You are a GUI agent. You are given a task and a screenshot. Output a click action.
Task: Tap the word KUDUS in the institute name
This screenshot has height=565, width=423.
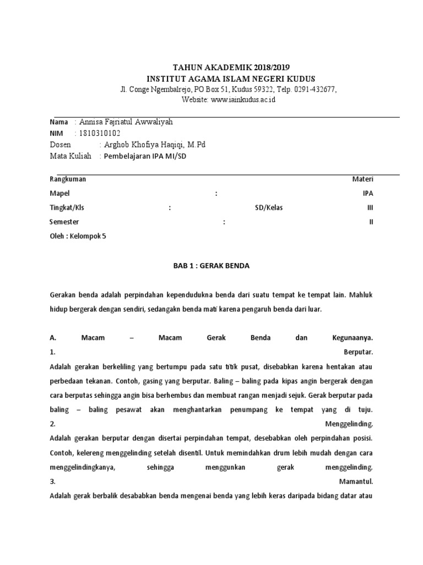[x=298, y=78]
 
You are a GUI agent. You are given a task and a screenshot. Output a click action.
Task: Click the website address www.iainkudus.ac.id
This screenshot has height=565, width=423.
[x=243, y=99]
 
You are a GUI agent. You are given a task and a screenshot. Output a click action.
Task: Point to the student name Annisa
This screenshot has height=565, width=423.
[x=95, y=122]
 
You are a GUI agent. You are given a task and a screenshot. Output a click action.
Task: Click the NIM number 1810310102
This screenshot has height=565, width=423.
[x=100, y=133]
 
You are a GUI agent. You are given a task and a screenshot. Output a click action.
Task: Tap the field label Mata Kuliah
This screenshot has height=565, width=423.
[x=70, y=156]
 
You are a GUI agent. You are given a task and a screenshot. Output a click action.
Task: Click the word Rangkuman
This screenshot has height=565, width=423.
[x=68, y=179]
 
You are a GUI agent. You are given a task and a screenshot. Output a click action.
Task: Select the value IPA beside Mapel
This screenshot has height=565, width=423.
[x=367, y=194]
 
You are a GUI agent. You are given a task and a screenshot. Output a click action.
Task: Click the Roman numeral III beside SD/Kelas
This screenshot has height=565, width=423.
[x=370, y=208]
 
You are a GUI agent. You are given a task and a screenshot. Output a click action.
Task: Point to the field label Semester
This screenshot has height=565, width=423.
[x=64, y=222]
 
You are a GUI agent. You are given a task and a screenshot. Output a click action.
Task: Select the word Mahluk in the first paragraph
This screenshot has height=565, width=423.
[x=361, y=295]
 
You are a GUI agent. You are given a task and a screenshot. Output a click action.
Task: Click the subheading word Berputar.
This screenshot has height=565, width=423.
[x=358, y=352]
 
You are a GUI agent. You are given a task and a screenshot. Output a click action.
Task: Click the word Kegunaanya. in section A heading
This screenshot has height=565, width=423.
[x=353, y=338]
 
